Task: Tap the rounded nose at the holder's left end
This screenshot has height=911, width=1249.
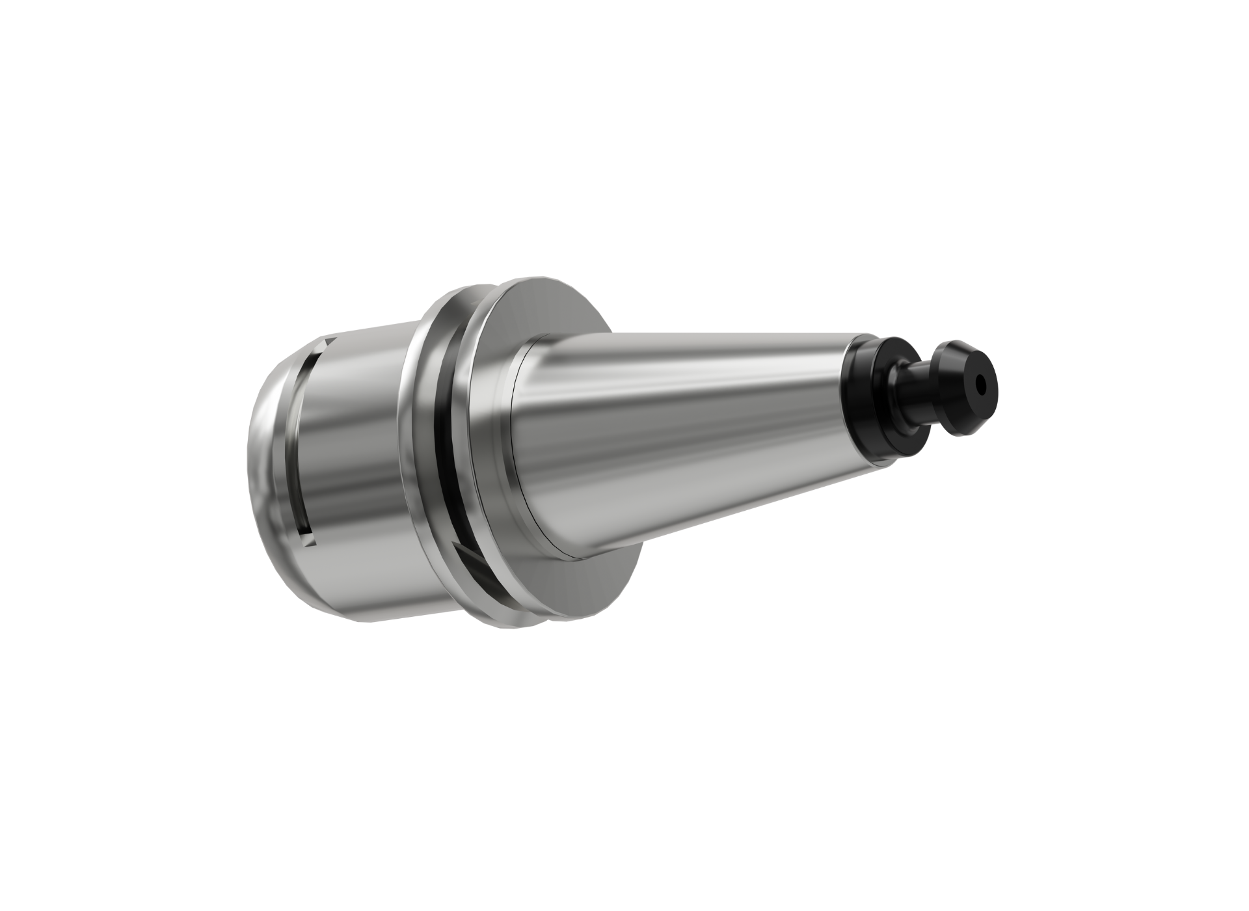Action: pyautogui.click(x=260, y=455)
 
